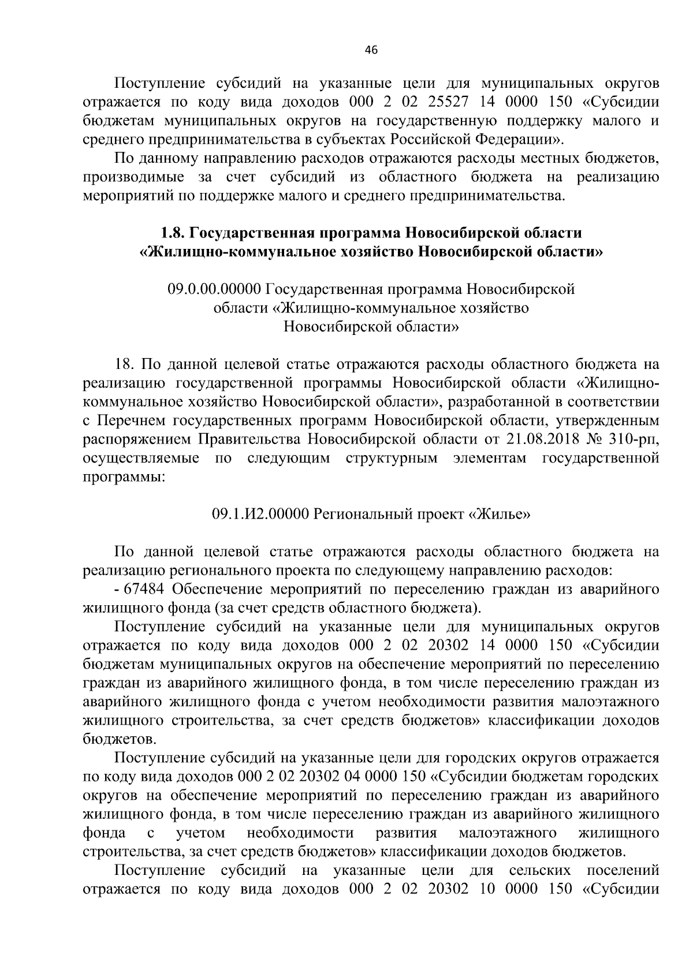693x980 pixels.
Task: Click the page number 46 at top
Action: (371, 51)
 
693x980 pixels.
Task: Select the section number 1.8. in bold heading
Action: (174, 233)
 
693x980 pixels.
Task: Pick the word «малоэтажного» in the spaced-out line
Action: (508, 833)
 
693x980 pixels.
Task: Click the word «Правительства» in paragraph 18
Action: (249, 439)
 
